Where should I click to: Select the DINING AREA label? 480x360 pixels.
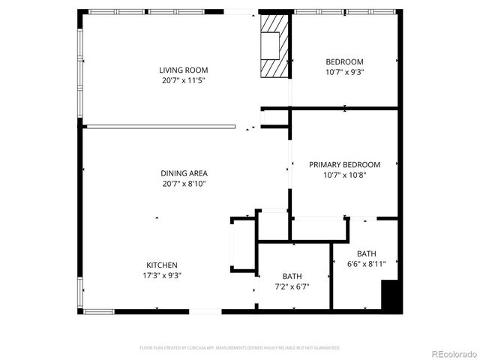(184, 173)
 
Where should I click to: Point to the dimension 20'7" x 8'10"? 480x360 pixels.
(184, 183)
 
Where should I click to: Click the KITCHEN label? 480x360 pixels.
(161, 265)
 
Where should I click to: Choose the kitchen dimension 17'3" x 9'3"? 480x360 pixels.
(161, 275)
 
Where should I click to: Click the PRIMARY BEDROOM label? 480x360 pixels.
(344, 165)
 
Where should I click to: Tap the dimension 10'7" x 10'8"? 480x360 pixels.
(344, 175)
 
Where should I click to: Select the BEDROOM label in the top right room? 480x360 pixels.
(344, 61)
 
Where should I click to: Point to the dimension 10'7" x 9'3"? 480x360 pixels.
(344, 72)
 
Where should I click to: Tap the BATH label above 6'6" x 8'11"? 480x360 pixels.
(367, 253)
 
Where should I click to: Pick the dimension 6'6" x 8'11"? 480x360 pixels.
(367, 264)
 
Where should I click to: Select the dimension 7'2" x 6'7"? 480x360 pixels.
(292, 286)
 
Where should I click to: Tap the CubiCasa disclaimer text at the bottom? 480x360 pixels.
(240, 348)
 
